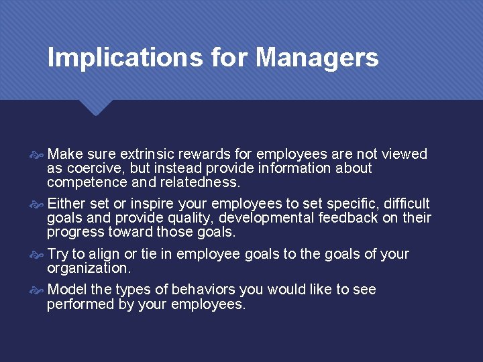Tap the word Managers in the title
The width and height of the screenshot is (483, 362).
point(317,58)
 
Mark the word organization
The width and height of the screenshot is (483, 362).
point(88,268)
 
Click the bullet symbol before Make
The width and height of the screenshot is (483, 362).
point(38,155)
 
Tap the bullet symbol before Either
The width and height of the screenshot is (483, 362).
point(38,204)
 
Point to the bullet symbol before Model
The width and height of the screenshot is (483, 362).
point(38,290)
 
